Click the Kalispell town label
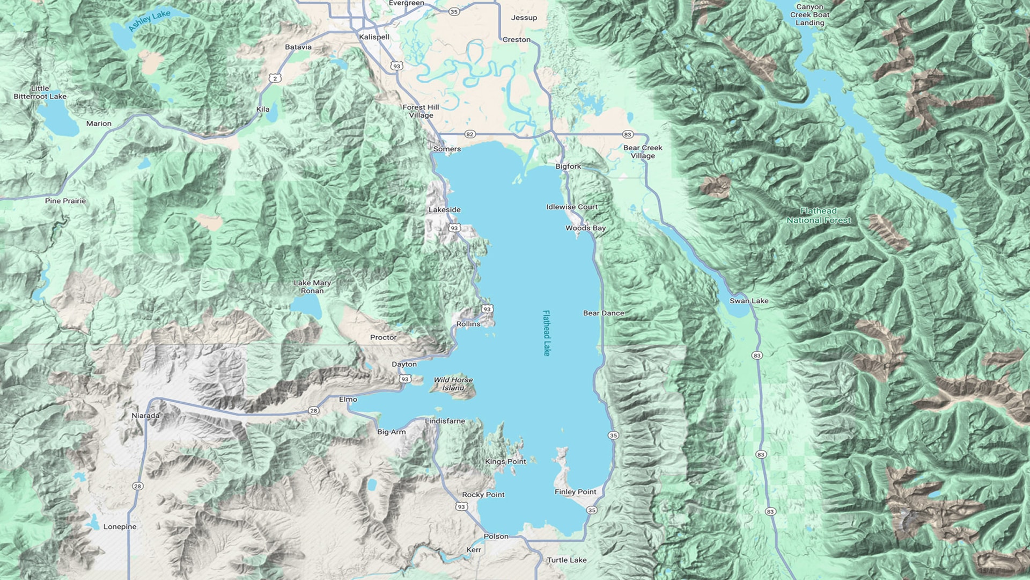pyautogui.click(x=374, y=37)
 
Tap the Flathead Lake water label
pyautogui.click(x=546, y=333)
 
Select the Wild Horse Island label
pyautogui.click(x=453, y=383)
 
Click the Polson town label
pyautogui.click(x=496, y=536)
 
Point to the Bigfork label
pyautogui.click(x=568, y=166)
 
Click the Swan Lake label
pyautogui.click(x=749, y=301)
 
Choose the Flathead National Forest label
pyautogui.click(x=819, y=215)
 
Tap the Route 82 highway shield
pyautogui.click(x=470, y=134)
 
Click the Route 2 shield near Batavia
pyautogui.click(x=275, y=78)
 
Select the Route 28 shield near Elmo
pyautogui.click(x=313, y=410)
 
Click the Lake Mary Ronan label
pyautogui.click(x=312, y=287)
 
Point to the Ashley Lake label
pyautogui.click(x=149, y=20)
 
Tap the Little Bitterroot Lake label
pyautogui.click(x=40, y=92)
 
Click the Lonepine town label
pyautogui.click(x=120, y=527)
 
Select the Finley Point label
pyautogui.click(x=575, y=491)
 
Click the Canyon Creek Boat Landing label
pyautogui.click(x=810, y=15)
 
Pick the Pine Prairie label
pyautogui.click(x=65, y=201)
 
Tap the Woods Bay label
pyautogui.click(x=585, y=228)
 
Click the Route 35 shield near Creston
pyautogui.click(x=454, y=11)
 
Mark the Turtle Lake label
pyautogui.click(x=566, y=560)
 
